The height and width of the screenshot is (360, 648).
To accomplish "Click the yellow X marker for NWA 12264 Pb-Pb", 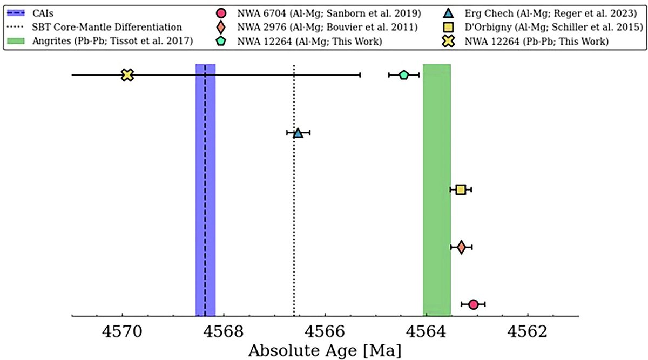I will click(x=127, y=75).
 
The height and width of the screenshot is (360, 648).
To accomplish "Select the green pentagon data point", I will click(x=403, y=75).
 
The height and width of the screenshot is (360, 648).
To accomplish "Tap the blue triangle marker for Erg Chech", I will click(x=298, y=133).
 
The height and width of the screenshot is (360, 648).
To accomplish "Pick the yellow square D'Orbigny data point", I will click(x=461, y=189).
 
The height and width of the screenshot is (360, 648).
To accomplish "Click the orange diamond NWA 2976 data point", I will click(x=461, y=247).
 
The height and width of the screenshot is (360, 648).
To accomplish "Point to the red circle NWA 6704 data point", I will click(x=473, y=304).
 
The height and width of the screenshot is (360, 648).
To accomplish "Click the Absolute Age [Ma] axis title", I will click(x=325, y=351).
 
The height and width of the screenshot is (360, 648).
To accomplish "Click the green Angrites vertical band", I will click(x=437, y=189).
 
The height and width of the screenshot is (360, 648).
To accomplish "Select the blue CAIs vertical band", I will click(x=205, y=189).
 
